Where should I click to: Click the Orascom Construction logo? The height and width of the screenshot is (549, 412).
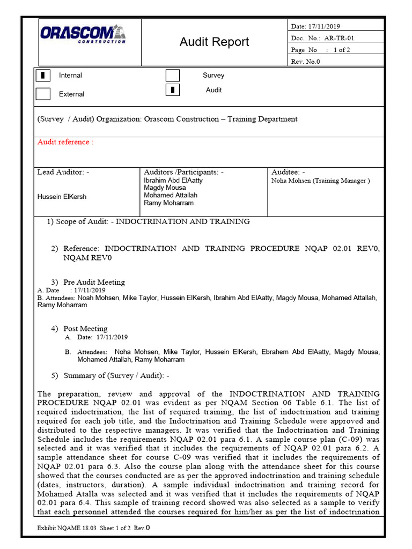pos(83,34)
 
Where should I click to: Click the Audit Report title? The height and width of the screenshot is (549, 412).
pos(214,42)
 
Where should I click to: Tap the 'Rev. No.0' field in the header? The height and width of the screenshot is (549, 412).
pos(305,61)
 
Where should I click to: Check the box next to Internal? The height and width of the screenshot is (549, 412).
pos(43,76)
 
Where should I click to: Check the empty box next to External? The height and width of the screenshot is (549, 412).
pos(43,94)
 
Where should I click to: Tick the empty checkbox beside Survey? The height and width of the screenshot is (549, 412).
pos(172,76)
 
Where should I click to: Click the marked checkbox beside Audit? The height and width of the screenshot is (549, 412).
pos(172,90)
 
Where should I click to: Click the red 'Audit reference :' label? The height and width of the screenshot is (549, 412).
pos(65,142)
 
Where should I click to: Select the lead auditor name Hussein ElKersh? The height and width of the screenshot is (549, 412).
pos(62,197)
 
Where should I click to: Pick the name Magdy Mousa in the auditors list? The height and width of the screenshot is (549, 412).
pos(165,188)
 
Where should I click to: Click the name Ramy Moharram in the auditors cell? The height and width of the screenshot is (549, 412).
pos(168,203)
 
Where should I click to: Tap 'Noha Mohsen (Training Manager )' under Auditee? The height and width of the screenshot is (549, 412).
pos(320,181)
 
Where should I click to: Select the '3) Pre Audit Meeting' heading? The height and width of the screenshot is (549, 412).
pos(93,282)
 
